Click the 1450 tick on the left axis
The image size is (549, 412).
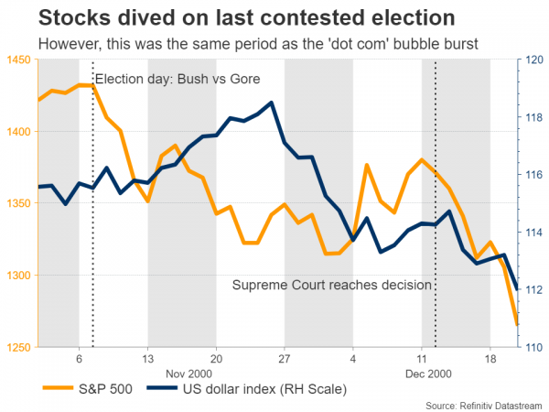point(19,60)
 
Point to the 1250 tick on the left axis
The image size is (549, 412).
point(19,347)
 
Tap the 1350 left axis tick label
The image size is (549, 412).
point(19,203)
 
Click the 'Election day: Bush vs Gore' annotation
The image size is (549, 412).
point(183,79)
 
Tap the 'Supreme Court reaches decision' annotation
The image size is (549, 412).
point(331,286)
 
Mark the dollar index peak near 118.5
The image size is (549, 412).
point(272,103)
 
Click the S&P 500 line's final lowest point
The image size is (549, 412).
point(517,324)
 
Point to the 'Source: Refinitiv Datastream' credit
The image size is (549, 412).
point(483,405)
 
